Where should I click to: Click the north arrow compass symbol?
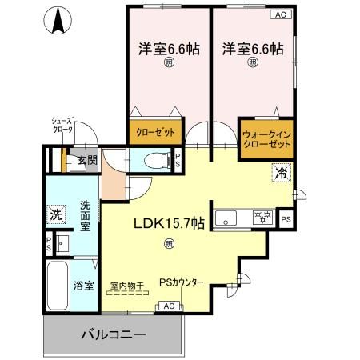[x=58, y=20]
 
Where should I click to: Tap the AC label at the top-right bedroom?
[x=282, y=14]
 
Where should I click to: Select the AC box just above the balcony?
[x=169, y=306]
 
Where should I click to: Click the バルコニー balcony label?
[x=112, y=334]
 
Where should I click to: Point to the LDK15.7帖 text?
[x=169, y=225]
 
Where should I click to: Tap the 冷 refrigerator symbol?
[x=281, y=172]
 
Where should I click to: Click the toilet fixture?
[x=156, y=160]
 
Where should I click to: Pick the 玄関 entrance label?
[x=87, y=160]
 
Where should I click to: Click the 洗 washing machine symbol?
[x=54, y=214]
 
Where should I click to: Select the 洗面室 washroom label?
[x=85, y=216]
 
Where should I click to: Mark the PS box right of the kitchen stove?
[x=286, y=217]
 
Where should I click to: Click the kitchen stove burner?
[x=260, y=216]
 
